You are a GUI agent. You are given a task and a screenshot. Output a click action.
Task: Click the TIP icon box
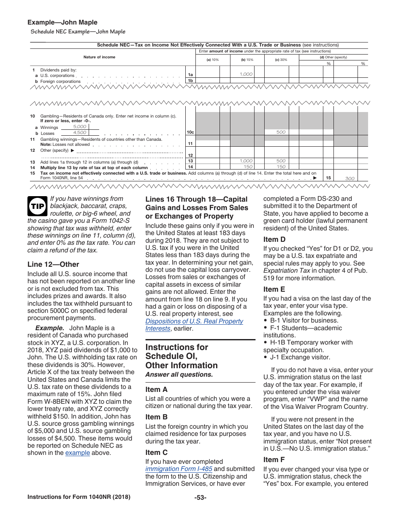pos(37,206)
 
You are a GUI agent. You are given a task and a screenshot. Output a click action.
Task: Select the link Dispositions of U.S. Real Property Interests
pos(194,325)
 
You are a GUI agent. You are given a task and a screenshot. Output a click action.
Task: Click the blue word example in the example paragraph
pos(77,452)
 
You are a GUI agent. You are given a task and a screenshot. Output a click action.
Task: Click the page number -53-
pos(200,497)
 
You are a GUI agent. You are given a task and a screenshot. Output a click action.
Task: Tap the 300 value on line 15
pos(350,178)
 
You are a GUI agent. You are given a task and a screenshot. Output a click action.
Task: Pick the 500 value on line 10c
pos(281,132)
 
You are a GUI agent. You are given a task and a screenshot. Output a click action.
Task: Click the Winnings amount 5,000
pos(79,127)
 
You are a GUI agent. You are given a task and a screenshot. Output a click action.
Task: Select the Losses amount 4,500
pos(79,133)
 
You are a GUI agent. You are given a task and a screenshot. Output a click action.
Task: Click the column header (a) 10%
pos(212,60)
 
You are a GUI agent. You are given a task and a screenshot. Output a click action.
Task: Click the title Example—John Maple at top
pos(62,22)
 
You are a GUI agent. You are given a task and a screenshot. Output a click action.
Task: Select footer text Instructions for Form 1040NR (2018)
pos(79,497)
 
